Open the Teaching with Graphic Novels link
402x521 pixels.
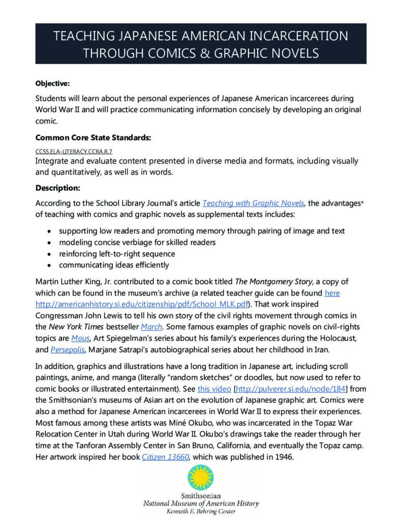click(253, 204)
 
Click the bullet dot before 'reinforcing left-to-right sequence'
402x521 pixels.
click(49, 254)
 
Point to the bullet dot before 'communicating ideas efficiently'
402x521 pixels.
click(49, 265)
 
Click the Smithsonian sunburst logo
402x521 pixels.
click(201, 479)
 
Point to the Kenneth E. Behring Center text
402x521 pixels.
click(201, 512)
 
